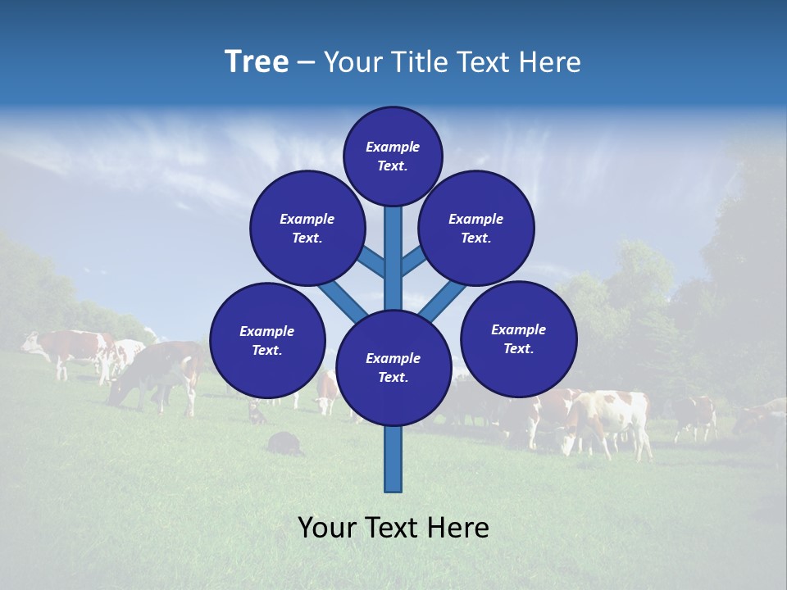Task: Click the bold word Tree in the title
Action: pyautogui.click(x=257, y=62)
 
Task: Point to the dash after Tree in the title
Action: pyautogui.click(x=306, y=63)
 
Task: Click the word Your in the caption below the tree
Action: pyautogui.click(x=326, y=528)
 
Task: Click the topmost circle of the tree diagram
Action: pyautogui.click(x=393, y=156)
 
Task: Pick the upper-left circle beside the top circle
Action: pyautogui.click(x=307, y=228)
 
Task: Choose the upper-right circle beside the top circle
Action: pyautogui.click(x=476, y=228)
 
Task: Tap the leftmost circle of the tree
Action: pyautogui.click(x=267, y=340)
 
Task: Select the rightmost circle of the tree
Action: pyautogui.click(x=519, y=338)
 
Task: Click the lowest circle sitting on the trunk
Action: pyautogui.click(x=393, y=368)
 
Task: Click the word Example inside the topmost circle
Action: pyautogui.click(x=393, y=147)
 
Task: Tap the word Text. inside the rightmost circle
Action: pyautogui.click(x=519, y=348)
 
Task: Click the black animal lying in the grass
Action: pyautogui.click(x=284, y=443)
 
